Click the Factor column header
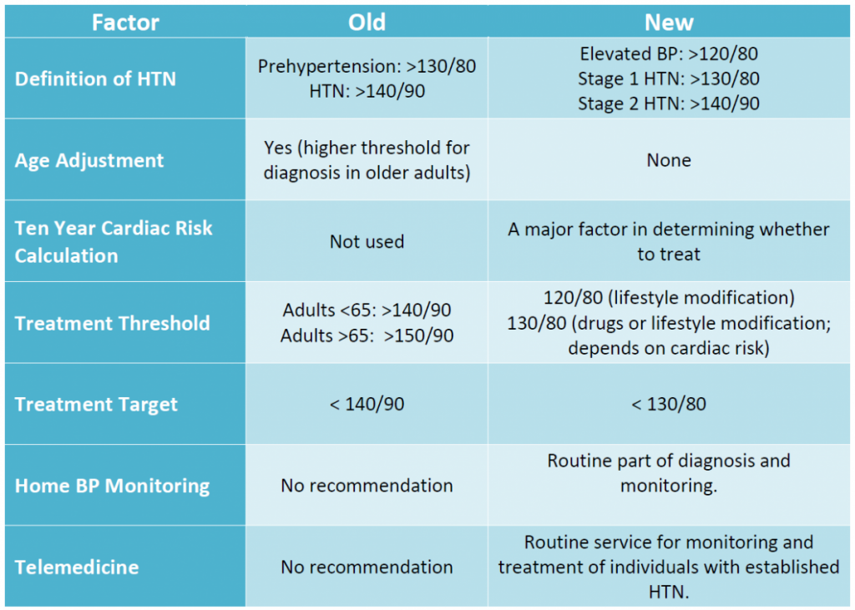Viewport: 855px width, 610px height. coord(125,22)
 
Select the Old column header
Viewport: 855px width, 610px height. coord(367,22)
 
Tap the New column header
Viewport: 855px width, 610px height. coord(669,22)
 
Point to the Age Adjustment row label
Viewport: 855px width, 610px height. coord(89,160)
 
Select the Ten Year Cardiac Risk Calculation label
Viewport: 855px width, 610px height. coord(114,242)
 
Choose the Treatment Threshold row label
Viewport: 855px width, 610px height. coord(112,323)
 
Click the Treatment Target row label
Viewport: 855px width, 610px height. coord(96,405)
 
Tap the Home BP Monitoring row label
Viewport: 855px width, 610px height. coord(112,486)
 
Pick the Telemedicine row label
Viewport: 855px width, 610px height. coord(77,567)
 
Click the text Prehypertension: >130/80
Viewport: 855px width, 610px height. coord(367,67)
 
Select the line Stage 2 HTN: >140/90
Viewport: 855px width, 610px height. coord(669,103)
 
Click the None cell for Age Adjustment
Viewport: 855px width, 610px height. coord(669,160)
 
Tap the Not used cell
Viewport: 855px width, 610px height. coord(367,242)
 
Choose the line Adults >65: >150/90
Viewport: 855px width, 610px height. coord(367,335)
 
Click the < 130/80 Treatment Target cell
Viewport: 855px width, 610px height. coord(669,405)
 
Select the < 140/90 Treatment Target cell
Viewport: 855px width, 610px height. coord(367,405)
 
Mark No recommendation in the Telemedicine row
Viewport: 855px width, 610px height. coord(367,567)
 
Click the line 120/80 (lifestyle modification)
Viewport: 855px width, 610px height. coord(669,298)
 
